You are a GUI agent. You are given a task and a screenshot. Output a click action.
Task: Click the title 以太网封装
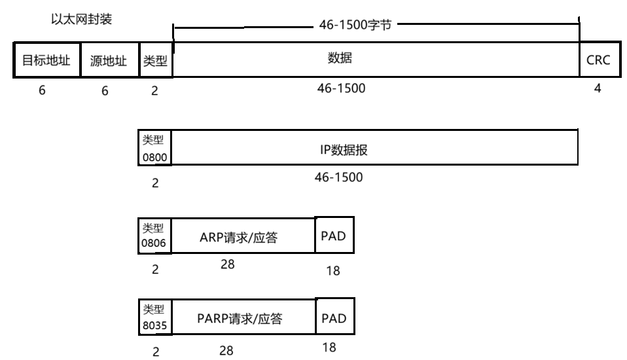82,20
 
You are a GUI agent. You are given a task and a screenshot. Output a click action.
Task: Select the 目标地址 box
46,61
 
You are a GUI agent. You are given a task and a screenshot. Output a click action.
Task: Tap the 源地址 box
109,61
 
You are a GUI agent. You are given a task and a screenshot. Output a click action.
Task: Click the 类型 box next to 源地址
156,61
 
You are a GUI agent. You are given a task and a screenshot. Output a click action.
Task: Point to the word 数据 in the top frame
340,58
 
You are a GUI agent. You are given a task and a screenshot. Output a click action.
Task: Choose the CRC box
597,60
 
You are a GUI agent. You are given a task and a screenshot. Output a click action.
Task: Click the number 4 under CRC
597,88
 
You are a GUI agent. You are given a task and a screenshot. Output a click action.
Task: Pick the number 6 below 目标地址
42,91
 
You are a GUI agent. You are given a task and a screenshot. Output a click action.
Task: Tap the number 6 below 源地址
105,91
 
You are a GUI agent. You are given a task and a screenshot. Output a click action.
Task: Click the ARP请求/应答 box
238,237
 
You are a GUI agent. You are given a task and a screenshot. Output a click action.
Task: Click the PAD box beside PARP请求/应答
334,319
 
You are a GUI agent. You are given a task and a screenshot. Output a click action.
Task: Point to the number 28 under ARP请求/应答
227,265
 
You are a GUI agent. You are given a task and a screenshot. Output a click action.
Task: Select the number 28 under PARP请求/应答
226,351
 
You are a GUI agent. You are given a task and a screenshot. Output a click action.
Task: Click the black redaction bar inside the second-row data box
338,147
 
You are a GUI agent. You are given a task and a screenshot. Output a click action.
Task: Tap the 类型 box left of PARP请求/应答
154,316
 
